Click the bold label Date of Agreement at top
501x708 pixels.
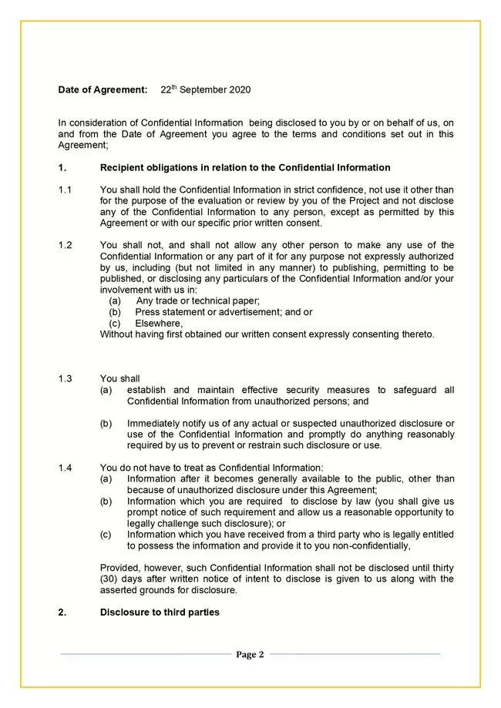103,90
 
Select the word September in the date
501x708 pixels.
203,90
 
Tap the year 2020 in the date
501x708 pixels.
239,90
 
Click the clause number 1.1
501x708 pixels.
65,190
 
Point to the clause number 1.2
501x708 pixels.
65,246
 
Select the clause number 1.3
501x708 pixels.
65,379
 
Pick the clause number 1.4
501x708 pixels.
65,468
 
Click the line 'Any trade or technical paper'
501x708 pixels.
198,301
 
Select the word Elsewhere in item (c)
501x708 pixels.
158,324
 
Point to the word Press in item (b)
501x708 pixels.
147,313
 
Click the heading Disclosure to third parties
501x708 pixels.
160,612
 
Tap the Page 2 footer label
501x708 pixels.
250,655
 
